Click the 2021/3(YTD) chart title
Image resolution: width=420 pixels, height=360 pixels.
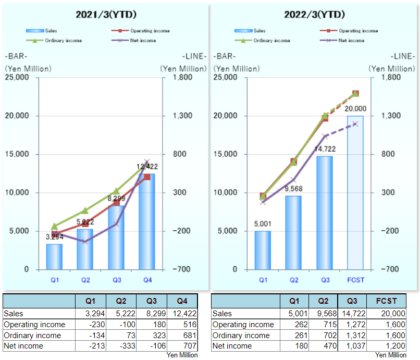[106, 14]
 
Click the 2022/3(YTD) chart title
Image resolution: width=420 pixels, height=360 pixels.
[315, 14]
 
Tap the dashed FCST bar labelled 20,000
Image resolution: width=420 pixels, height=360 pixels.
[356, 192]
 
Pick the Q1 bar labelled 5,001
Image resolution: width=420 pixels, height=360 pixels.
[263, 250]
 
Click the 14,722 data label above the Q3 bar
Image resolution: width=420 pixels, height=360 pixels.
[325, 148]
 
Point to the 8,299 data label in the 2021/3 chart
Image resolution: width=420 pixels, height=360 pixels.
[116, 198]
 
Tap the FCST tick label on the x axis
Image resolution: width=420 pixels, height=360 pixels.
[356, 280]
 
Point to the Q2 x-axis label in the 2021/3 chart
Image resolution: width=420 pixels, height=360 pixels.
[85, 280]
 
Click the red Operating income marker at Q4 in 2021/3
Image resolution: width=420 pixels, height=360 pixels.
[147, 177]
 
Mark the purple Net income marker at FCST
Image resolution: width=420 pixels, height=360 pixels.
[356, 124]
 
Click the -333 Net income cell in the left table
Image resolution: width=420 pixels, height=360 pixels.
[121, 345]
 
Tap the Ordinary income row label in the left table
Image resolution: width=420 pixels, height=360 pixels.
[32, 335]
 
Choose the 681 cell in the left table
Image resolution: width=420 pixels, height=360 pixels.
[183, 335]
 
